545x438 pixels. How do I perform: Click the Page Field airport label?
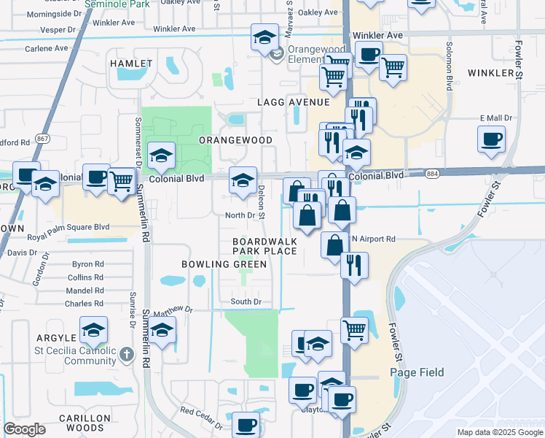pyautogui.click(x=417, y=372)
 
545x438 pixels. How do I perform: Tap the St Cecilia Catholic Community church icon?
pyautogui.click(x=127, y=355)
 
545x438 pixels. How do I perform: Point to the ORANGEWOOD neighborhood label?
pyautogui.click(x=235, y=139)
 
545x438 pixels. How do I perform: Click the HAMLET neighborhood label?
pyautogui.click(x=131, y=64)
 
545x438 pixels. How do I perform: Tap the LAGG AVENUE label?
pyautogui.click(x=289, y=102)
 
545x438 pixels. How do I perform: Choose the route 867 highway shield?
pyautogui.click(x=43, y=138)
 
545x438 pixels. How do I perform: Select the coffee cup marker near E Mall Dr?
pyautogui.click(x=491, y=139)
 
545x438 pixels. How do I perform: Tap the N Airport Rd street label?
pyautogui.click(x=373, y=239)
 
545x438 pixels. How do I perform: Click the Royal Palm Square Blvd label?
pyautogui.click(x=68, y=227)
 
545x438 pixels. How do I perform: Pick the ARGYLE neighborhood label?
pyautogui.click(x=55, y=338)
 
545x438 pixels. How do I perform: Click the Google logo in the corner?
pyautogui.click(x=25, y=429)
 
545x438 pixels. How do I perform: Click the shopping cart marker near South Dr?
pyautogui.click(x=354, y=329)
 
